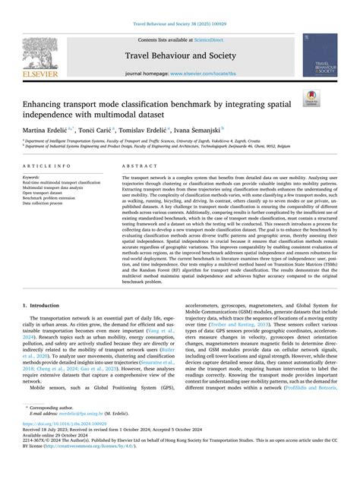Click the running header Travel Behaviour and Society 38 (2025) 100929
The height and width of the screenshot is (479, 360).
click(x=180, y=24)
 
